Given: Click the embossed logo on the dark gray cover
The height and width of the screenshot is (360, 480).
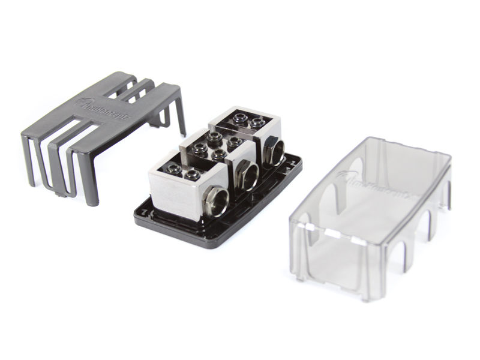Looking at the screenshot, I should pyautogui.click(x=99, y=108).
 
